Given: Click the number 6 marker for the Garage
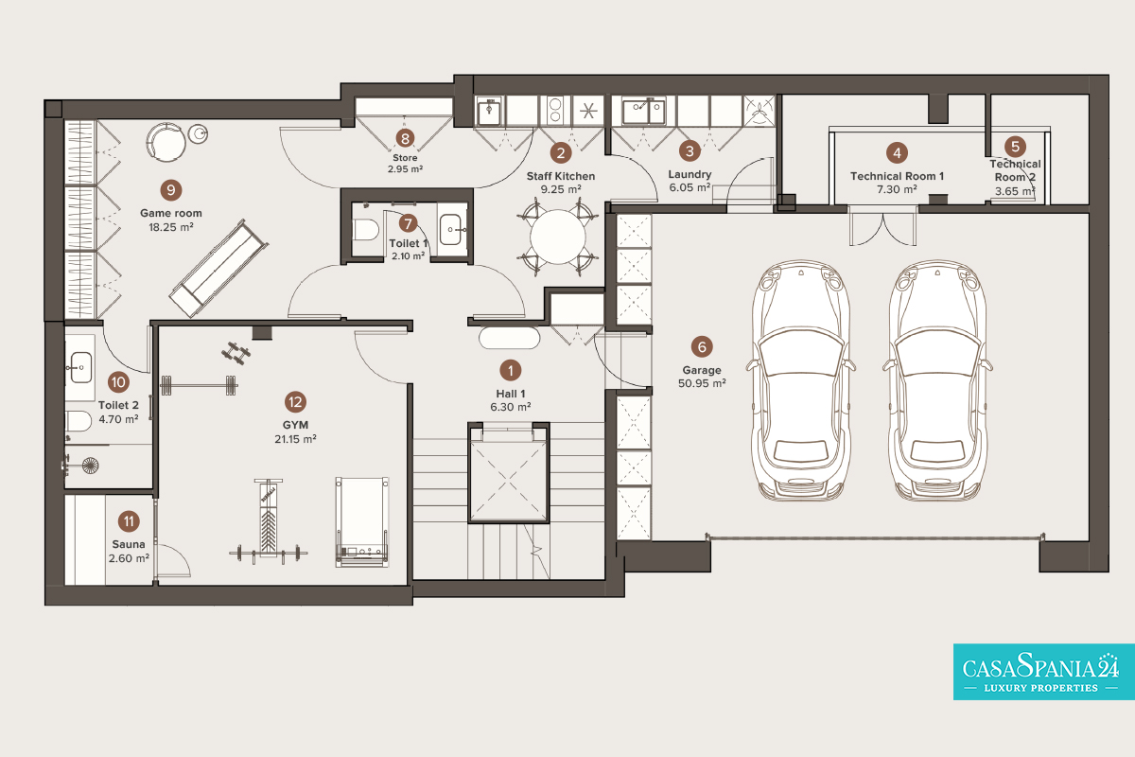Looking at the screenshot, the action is coord(702,347).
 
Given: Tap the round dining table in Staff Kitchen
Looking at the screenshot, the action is coord(558,238).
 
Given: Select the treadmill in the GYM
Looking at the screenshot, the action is coord(361,521).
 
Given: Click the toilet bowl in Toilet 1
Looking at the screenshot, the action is coord(365,230).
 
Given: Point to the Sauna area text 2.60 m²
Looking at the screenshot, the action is coord(129,558).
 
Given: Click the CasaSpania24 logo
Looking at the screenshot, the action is coord(1044,672).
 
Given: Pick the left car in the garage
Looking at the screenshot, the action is coord(801,380).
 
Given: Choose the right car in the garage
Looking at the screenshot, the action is coord(937,380).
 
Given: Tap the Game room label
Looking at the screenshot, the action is coord(171,213).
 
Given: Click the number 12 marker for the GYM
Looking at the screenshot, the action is coord(295,402).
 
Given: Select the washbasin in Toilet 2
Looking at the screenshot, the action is coord(80,367).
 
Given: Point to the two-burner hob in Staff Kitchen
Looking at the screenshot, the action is coord(555,110).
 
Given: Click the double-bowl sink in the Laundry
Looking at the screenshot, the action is coord(643,111).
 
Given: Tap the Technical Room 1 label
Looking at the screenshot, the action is coord(897,176).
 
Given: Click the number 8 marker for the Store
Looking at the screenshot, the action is coord(405,138).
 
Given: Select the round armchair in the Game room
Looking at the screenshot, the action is coord(166,142).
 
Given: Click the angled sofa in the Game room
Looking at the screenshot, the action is coord(218,269).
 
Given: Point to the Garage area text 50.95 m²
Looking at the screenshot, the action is coord(702,383).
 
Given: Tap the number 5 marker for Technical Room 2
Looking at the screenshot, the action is coord(1015,147).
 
